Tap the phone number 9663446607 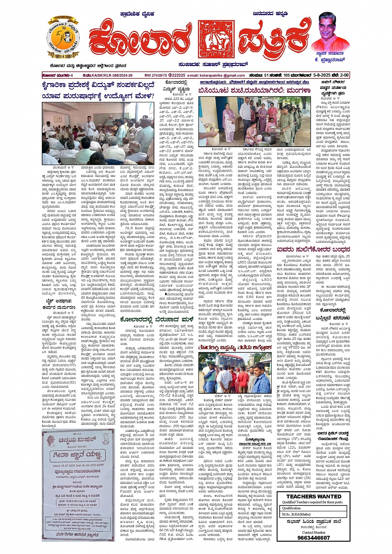point(313,538)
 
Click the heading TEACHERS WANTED point(314,496)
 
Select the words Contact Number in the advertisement point(313,532)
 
